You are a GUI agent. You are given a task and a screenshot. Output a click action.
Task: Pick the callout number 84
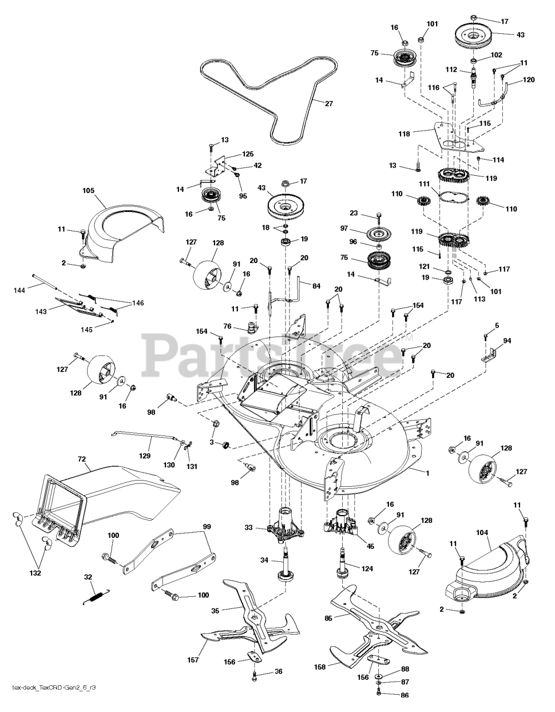[316, 286]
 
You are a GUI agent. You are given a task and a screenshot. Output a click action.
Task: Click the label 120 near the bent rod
[529, 80]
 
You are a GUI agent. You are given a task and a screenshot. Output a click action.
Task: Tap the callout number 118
[403, 133]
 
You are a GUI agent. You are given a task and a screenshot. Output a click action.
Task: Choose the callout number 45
[370, 546]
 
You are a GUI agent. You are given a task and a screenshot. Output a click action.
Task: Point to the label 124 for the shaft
[367, 568]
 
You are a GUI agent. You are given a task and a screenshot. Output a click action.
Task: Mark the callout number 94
[507, 340]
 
